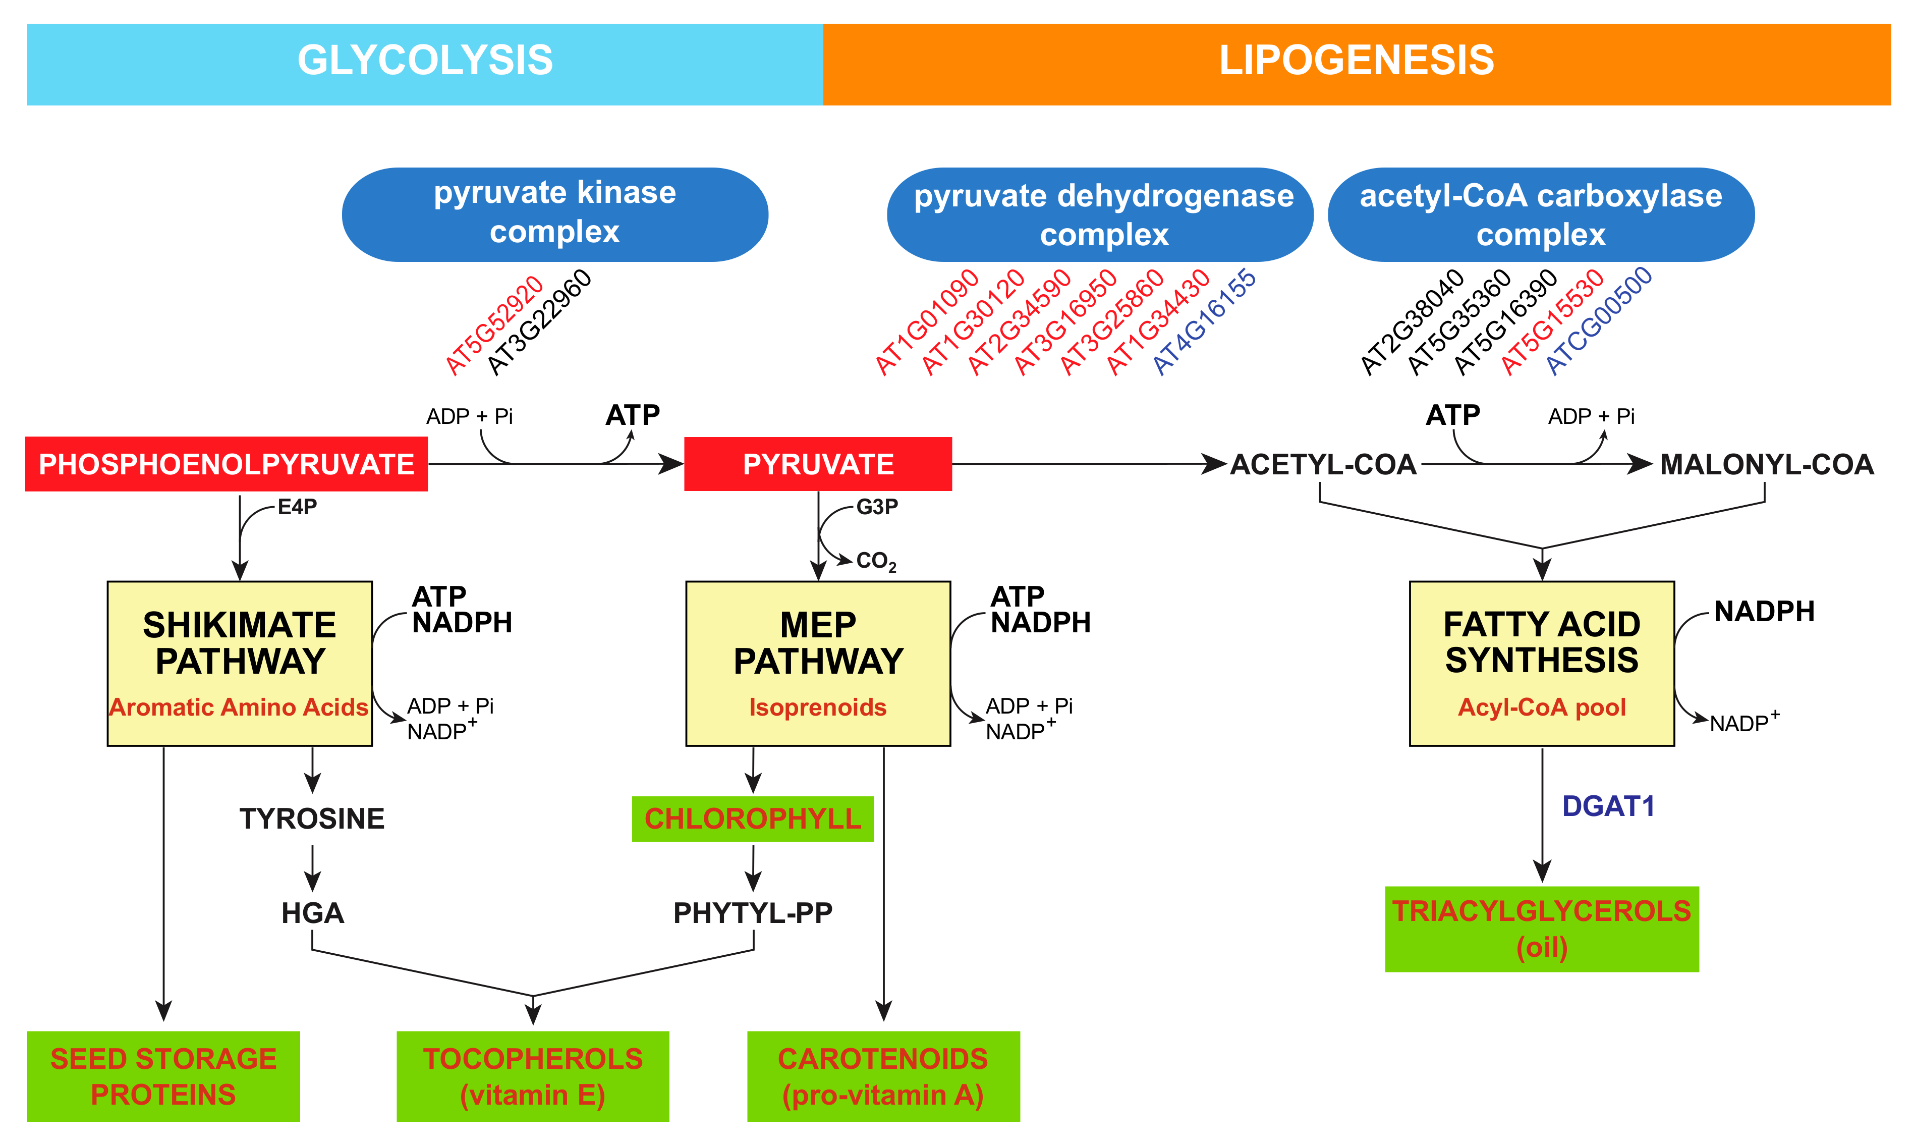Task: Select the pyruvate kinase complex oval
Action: point(554,213)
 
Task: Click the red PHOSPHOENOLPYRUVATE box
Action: point(227,464)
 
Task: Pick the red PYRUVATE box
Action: point(818,464)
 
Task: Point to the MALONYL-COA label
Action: point(1767,464)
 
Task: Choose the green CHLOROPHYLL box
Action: point(752,819)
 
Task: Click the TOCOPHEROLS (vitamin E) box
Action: point(532,1076)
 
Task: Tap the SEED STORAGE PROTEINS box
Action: point(163,1076)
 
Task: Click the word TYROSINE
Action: point(312,819)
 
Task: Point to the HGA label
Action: point(312,913)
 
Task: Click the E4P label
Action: point(297,507)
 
